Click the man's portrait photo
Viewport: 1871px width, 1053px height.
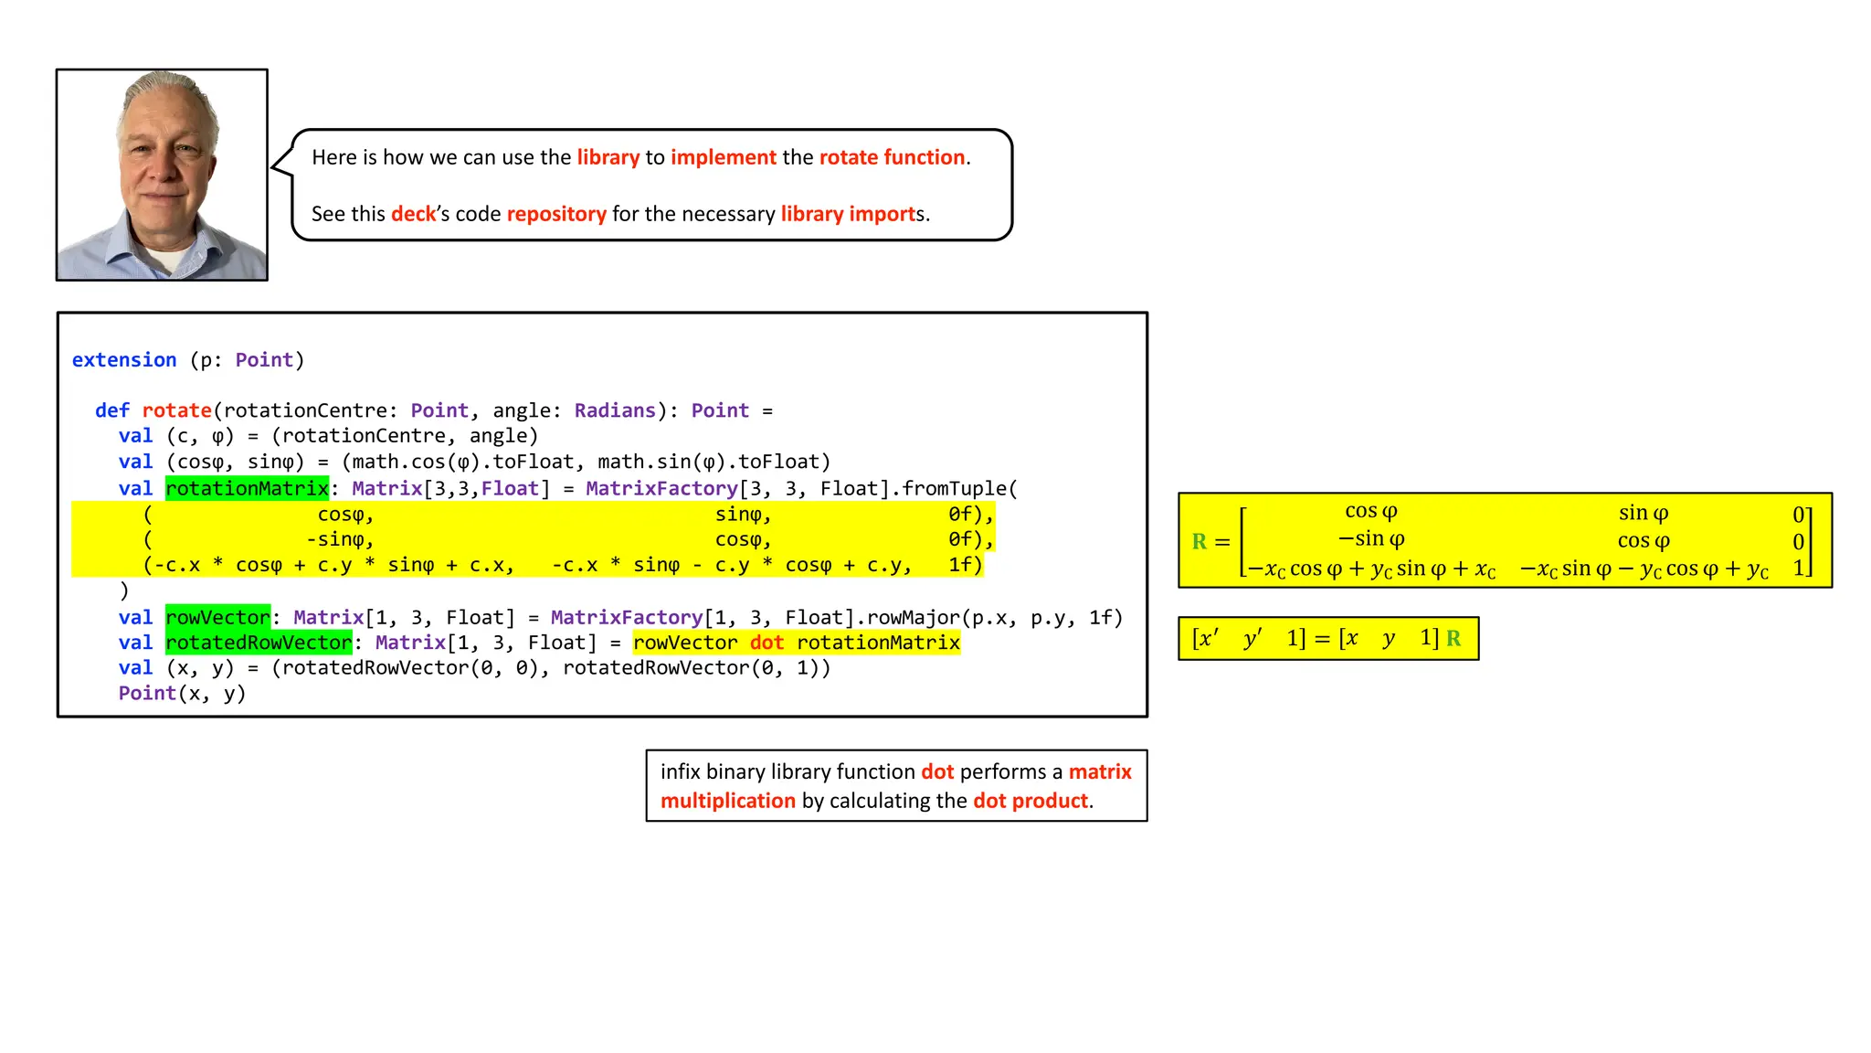(x=162, y=175)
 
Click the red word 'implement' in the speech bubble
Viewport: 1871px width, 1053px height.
(x=723, y=157)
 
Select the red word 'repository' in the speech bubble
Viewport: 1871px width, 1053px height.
(x=556, y=214)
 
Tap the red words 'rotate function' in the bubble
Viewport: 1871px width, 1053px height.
(x=892, y=157)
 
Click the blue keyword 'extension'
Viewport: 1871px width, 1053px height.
(x=124, y=360)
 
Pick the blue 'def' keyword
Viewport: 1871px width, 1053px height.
(x=111, y=410)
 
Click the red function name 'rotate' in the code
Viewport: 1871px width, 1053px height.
(x=176, y=410)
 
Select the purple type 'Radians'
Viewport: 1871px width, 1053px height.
(x=615, y=410)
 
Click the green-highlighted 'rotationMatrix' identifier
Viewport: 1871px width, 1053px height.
(x=247, y=488)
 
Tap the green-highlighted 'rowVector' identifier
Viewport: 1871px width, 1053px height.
(x=217, y=617)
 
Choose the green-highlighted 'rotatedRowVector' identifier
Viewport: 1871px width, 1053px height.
(x=259, y=643)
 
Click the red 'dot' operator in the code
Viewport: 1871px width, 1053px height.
(x=766, y=643)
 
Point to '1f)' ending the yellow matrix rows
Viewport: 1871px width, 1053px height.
(x=965, y=565)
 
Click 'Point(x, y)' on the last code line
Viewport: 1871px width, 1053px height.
(x=182, y=693)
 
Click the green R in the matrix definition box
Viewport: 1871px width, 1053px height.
(x=1200, y=541)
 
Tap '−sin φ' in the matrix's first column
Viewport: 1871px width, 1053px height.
(x=1371, y=539)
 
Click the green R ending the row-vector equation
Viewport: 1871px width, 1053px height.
(x=1453, y=638)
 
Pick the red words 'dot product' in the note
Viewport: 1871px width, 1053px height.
(x=1031, y=801)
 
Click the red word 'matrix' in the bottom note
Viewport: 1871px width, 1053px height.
(x=1100, y=771)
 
